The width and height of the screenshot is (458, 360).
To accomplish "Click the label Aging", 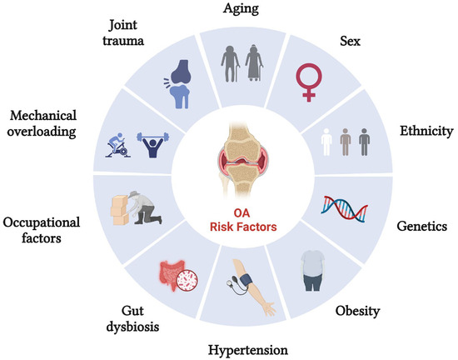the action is (x=241, y=8).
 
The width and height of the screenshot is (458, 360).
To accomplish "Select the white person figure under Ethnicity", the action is (x=326, y=142).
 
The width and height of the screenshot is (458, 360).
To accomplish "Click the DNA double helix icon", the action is (x=345, y=209).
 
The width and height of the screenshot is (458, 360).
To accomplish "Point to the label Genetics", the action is (x=422, y=226).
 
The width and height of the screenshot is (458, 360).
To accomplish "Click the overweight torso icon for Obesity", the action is (x=313, y=271).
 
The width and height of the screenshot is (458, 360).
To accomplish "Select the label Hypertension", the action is (x=247, y=350).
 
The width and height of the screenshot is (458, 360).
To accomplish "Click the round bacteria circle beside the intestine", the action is (x=187, y=281).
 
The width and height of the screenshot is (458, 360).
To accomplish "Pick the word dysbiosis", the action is (x=132, y=327).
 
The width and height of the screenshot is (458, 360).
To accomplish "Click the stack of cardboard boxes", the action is (x=120, y=210).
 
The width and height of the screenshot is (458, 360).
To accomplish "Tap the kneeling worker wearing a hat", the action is (x=144, y=207).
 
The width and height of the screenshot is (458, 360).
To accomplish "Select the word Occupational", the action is (x=41, y=222).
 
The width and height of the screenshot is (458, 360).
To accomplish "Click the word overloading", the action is (x=42, y=132).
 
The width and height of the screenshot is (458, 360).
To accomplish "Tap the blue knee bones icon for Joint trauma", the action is (x=178, y=84).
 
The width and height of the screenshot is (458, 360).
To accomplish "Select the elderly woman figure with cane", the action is (x=254, y=62).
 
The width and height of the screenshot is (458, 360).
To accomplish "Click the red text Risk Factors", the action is (x=243, y=227).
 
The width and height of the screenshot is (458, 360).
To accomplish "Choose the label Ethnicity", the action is (x=426, y=131).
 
